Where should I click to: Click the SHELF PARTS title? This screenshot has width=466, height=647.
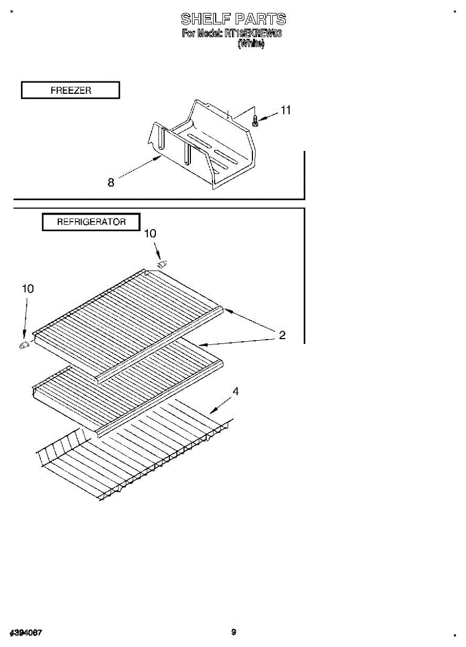click(233, 19)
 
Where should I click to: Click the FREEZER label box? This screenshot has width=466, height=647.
click(71, 91)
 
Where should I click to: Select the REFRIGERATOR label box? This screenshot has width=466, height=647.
click(91, 222)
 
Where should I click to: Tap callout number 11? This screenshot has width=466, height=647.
click(285, 110)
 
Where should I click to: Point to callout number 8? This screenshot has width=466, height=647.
click(111, 183)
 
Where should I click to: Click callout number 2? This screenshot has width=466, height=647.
click(282, 335)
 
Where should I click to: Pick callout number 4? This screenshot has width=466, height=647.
click(235, 391)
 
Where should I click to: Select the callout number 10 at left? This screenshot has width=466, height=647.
click(27, 289)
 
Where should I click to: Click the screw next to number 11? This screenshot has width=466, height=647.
click(256, 121)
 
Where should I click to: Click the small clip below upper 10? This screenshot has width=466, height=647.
click(162, 264)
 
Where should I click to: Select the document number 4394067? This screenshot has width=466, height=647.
click(26, 632)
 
